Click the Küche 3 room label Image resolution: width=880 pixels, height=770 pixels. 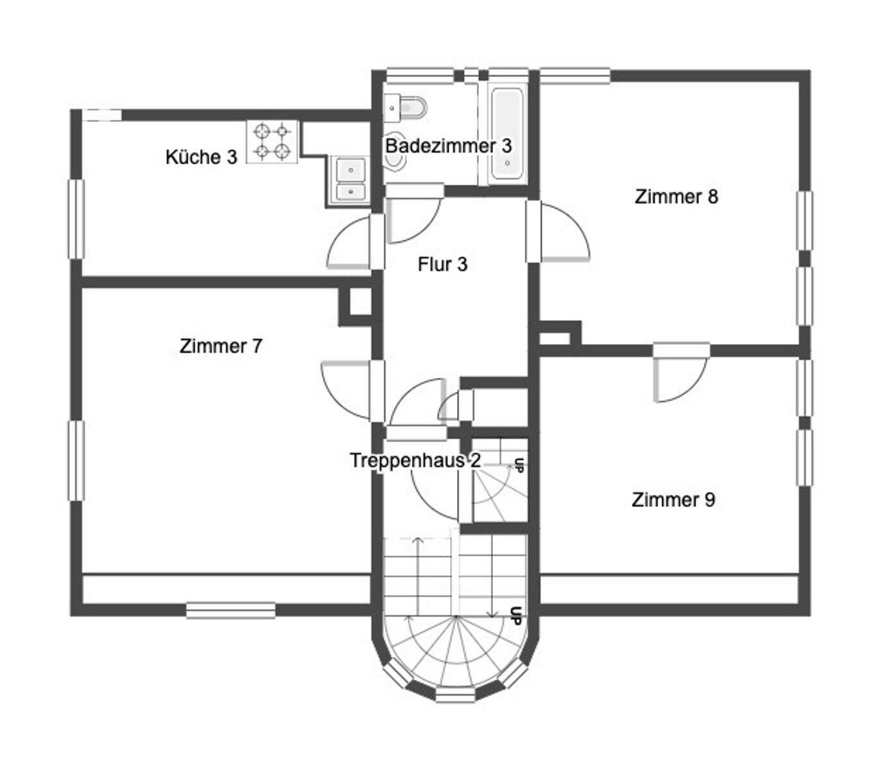(201, 157)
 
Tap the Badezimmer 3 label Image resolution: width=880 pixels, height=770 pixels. (448, 146)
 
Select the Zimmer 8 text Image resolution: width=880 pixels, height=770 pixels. (676, 196)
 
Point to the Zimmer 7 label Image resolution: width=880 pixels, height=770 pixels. (221, 346)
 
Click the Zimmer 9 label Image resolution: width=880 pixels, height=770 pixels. (673, 500)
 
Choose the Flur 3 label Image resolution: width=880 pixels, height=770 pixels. (442, 264)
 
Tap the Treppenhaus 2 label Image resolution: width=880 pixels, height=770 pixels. (415, 460)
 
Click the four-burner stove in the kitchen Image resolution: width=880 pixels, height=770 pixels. (272, 142)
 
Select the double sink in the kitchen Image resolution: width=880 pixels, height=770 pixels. (350, 180)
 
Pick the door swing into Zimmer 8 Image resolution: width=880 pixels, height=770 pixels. (565, 232)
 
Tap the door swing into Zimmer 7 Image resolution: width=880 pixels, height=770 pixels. (345, 389)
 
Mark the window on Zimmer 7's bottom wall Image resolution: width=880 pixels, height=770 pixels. (230, 610)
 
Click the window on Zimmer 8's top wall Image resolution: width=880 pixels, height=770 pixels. (575, 76)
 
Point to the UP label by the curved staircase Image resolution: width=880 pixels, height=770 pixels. (515, 615)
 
